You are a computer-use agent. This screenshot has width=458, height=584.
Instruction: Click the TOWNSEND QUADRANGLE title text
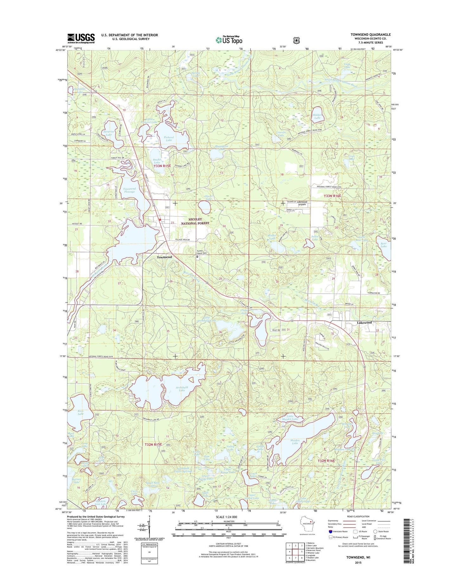(x=370, y=35)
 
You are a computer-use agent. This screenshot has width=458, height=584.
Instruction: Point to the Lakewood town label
(x=364, y=322)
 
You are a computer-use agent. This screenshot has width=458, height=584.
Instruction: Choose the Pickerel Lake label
(x=169, y=139)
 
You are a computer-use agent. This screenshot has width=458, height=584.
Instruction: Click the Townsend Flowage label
(x=129, y=190)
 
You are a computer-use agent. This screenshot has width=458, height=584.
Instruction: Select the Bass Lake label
(x=81, y=412)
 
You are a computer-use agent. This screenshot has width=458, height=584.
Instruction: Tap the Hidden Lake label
(x=317, y=116)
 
